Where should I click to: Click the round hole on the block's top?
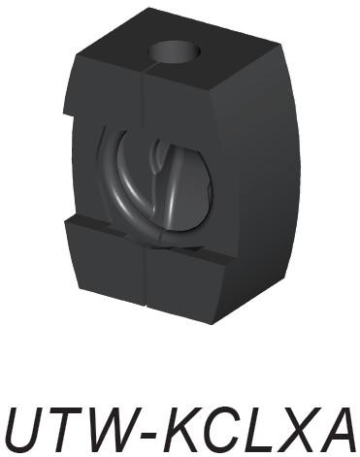click(x=175, y=52)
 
